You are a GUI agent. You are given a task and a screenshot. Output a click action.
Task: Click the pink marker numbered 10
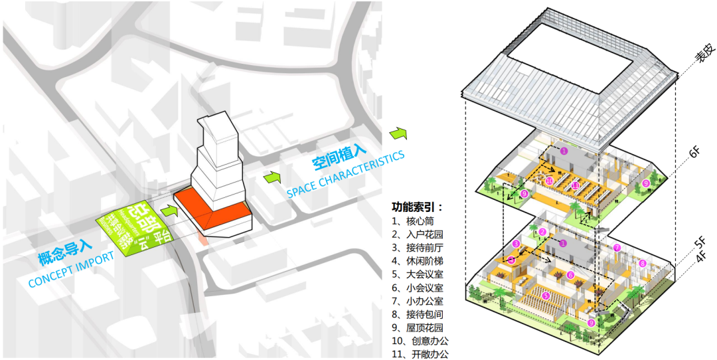point(549,181)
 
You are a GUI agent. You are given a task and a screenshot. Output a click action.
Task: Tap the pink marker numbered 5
point(546,296)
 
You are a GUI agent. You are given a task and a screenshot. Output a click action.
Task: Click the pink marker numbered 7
point(617,248)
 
